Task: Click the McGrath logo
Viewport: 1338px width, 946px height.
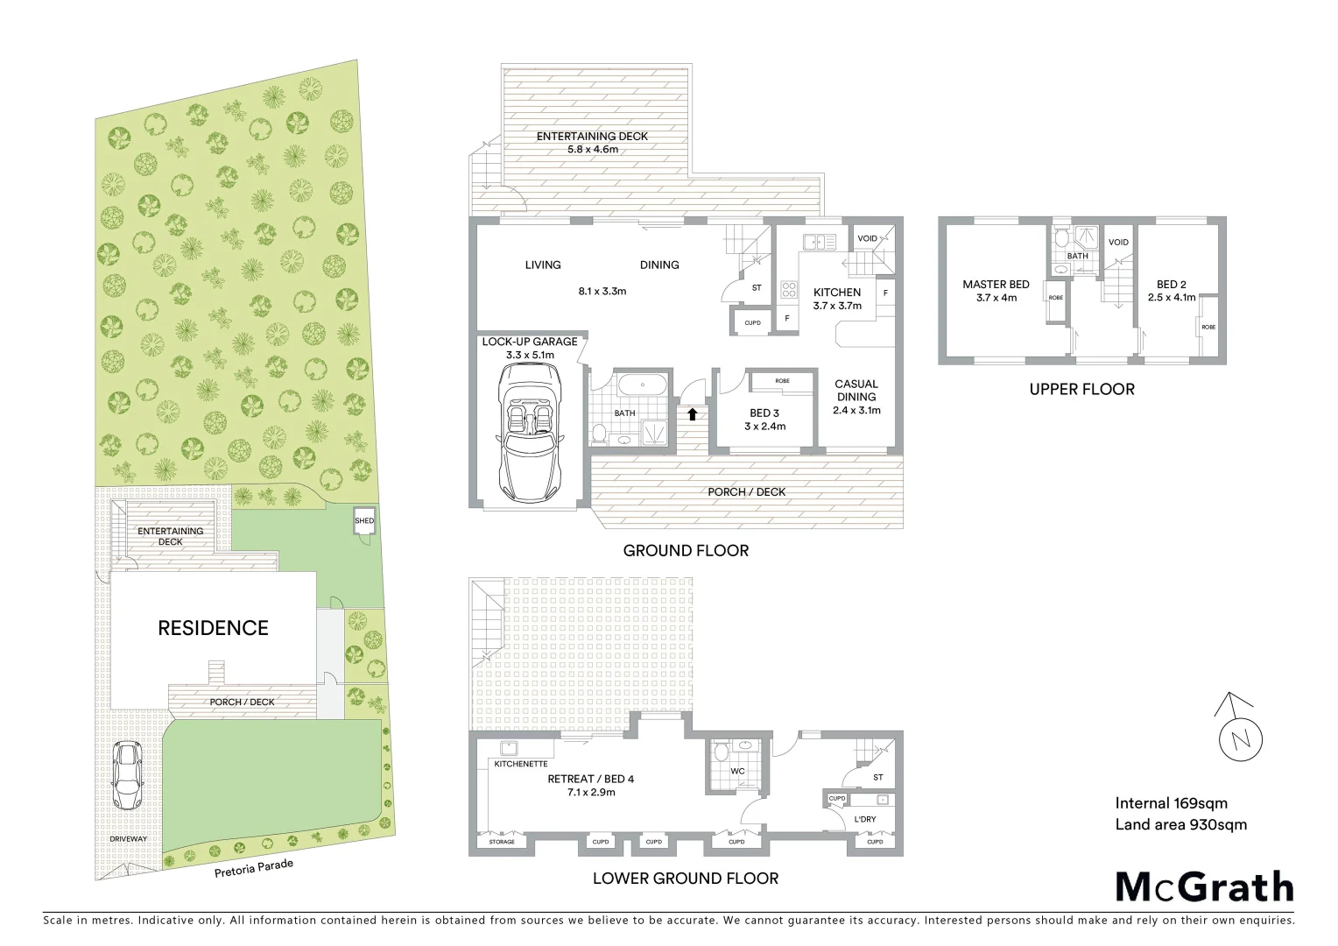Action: pyautogui.click(x=1204, y=886)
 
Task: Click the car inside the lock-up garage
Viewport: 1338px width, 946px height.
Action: pyautogui.click(x=529, y=431)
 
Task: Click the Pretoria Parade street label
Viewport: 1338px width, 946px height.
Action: pyautogui.click(x=254, y=868)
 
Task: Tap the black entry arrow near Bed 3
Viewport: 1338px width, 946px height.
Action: pyautogui.click(x=693, y=413)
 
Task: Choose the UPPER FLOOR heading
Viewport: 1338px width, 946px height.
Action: pyautogui.click(x=1081, y=389)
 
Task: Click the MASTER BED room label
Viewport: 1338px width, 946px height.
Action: pyautogui.click(x=996, y=285)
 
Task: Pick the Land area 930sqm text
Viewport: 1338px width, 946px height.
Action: pyautogui.click(x=1180, y=824)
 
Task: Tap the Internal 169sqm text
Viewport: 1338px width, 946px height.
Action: pyautogui.click(x=1171, y=803)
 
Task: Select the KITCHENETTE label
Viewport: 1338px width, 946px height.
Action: pyautogui.click(x=521, y=764)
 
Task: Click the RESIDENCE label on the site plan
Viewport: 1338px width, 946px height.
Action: pyautogui.click(x=213, y=628)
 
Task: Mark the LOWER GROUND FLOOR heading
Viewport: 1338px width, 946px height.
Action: pyautogui.click(x=685, y=879)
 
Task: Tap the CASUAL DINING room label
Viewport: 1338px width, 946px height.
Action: pyautogui.click(x=856, y=391)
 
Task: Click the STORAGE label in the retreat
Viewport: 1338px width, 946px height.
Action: pyautogui.click(x=502, y=842)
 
